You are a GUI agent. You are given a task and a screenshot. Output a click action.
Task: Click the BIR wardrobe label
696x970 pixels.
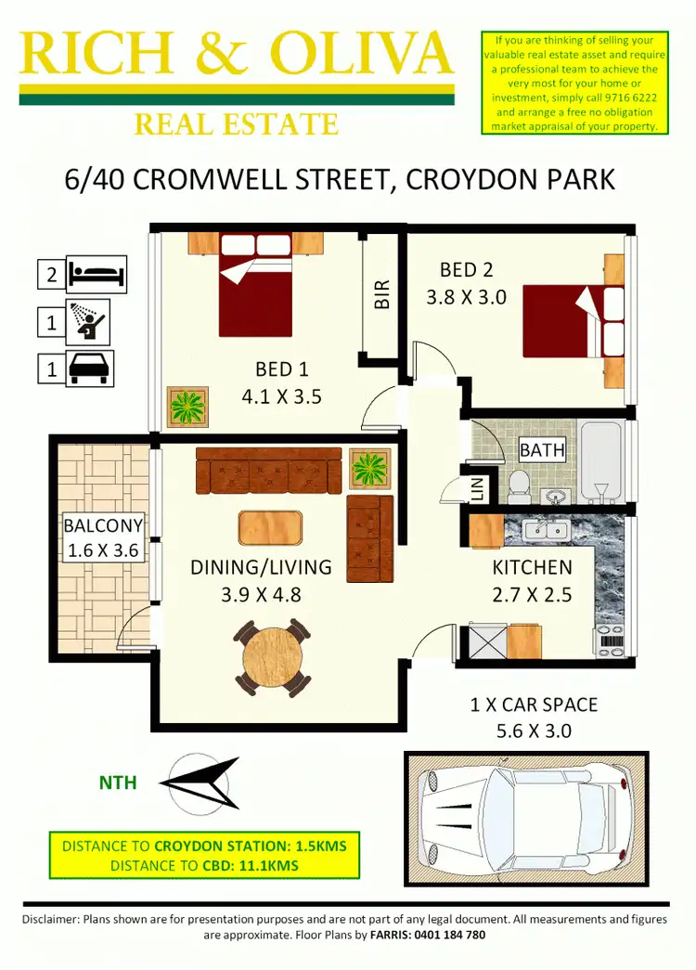pos(381,295)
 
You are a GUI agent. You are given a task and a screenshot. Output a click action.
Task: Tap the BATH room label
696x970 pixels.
pos(542,450)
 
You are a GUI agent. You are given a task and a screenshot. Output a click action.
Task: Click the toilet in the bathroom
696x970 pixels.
pos(519,483)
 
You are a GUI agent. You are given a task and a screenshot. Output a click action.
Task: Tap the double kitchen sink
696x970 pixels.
pos(546,531)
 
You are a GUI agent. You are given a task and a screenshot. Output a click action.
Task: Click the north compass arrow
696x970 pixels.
pos(200,782)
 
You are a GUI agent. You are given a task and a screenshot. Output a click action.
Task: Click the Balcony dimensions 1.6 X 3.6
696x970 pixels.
pos(103,550)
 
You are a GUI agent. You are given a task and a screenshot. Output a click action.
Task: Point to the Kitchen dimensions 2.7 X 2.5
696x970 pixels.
pos(532,591)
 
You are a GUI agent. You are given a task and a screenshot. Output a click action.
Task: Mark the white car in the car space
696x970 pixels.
pos(521,820)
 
